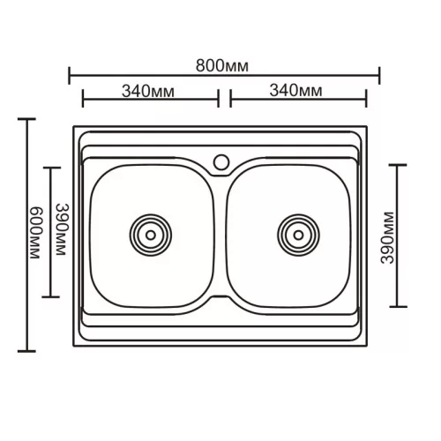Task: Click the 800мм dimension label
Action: [222, 66]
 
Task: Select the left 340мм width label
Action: [148, 91]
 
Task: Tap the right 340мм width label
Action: [295, 90]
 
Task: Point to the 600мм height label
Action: [37, 233]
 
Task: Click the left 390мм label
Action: [63, 229]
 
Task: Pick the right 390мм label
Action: [386, 238]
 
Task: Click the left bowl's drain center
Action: [151, 235]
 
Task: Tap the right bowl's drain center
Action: [298, 235]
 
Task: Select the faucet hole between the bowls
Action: [221, 162]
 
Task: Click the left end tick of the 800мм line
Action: [70, 76]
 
